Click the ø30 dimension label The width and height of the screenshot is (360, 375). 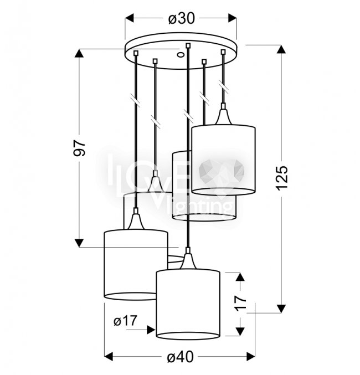pos(182,18)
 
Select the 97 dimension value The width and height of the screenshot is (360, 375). pos(79,148)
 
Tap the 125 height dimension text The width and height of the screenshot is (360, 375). pos(282,178)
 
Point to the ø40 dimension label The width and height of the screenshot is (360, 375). pos(181,357)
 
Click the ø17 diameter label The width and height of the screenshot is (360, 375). pos(126,321)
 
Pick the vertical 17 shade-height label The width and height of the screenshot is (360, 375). pos(240,303)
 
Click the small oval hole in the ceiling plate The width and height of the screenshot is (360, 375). pos(181,55)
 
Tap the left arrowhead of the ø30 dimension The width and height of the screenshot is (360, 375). pos(129,18)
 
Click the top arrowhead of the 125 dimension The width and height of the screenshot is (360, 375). pos(281,49)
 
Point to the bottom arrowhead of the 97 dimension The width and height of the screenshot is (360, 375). pos(79,243)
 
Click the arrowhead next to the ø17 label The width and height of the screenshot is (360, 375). pos(151,330)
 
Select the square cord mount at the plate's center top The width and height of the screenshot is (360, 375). pos(188,45)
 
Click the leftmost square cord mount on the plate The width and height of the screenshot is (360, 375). pos(136,53)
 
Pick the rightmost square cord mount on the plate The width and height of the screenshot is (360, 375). pos(223,52)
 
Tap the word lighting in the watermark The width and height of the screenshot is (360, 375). pos(200,206)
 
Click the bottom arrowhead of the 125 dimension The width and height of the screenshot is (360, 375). pos(281,309)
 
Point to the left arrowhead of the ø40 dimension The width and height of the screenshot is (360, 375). pos(109,357)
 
